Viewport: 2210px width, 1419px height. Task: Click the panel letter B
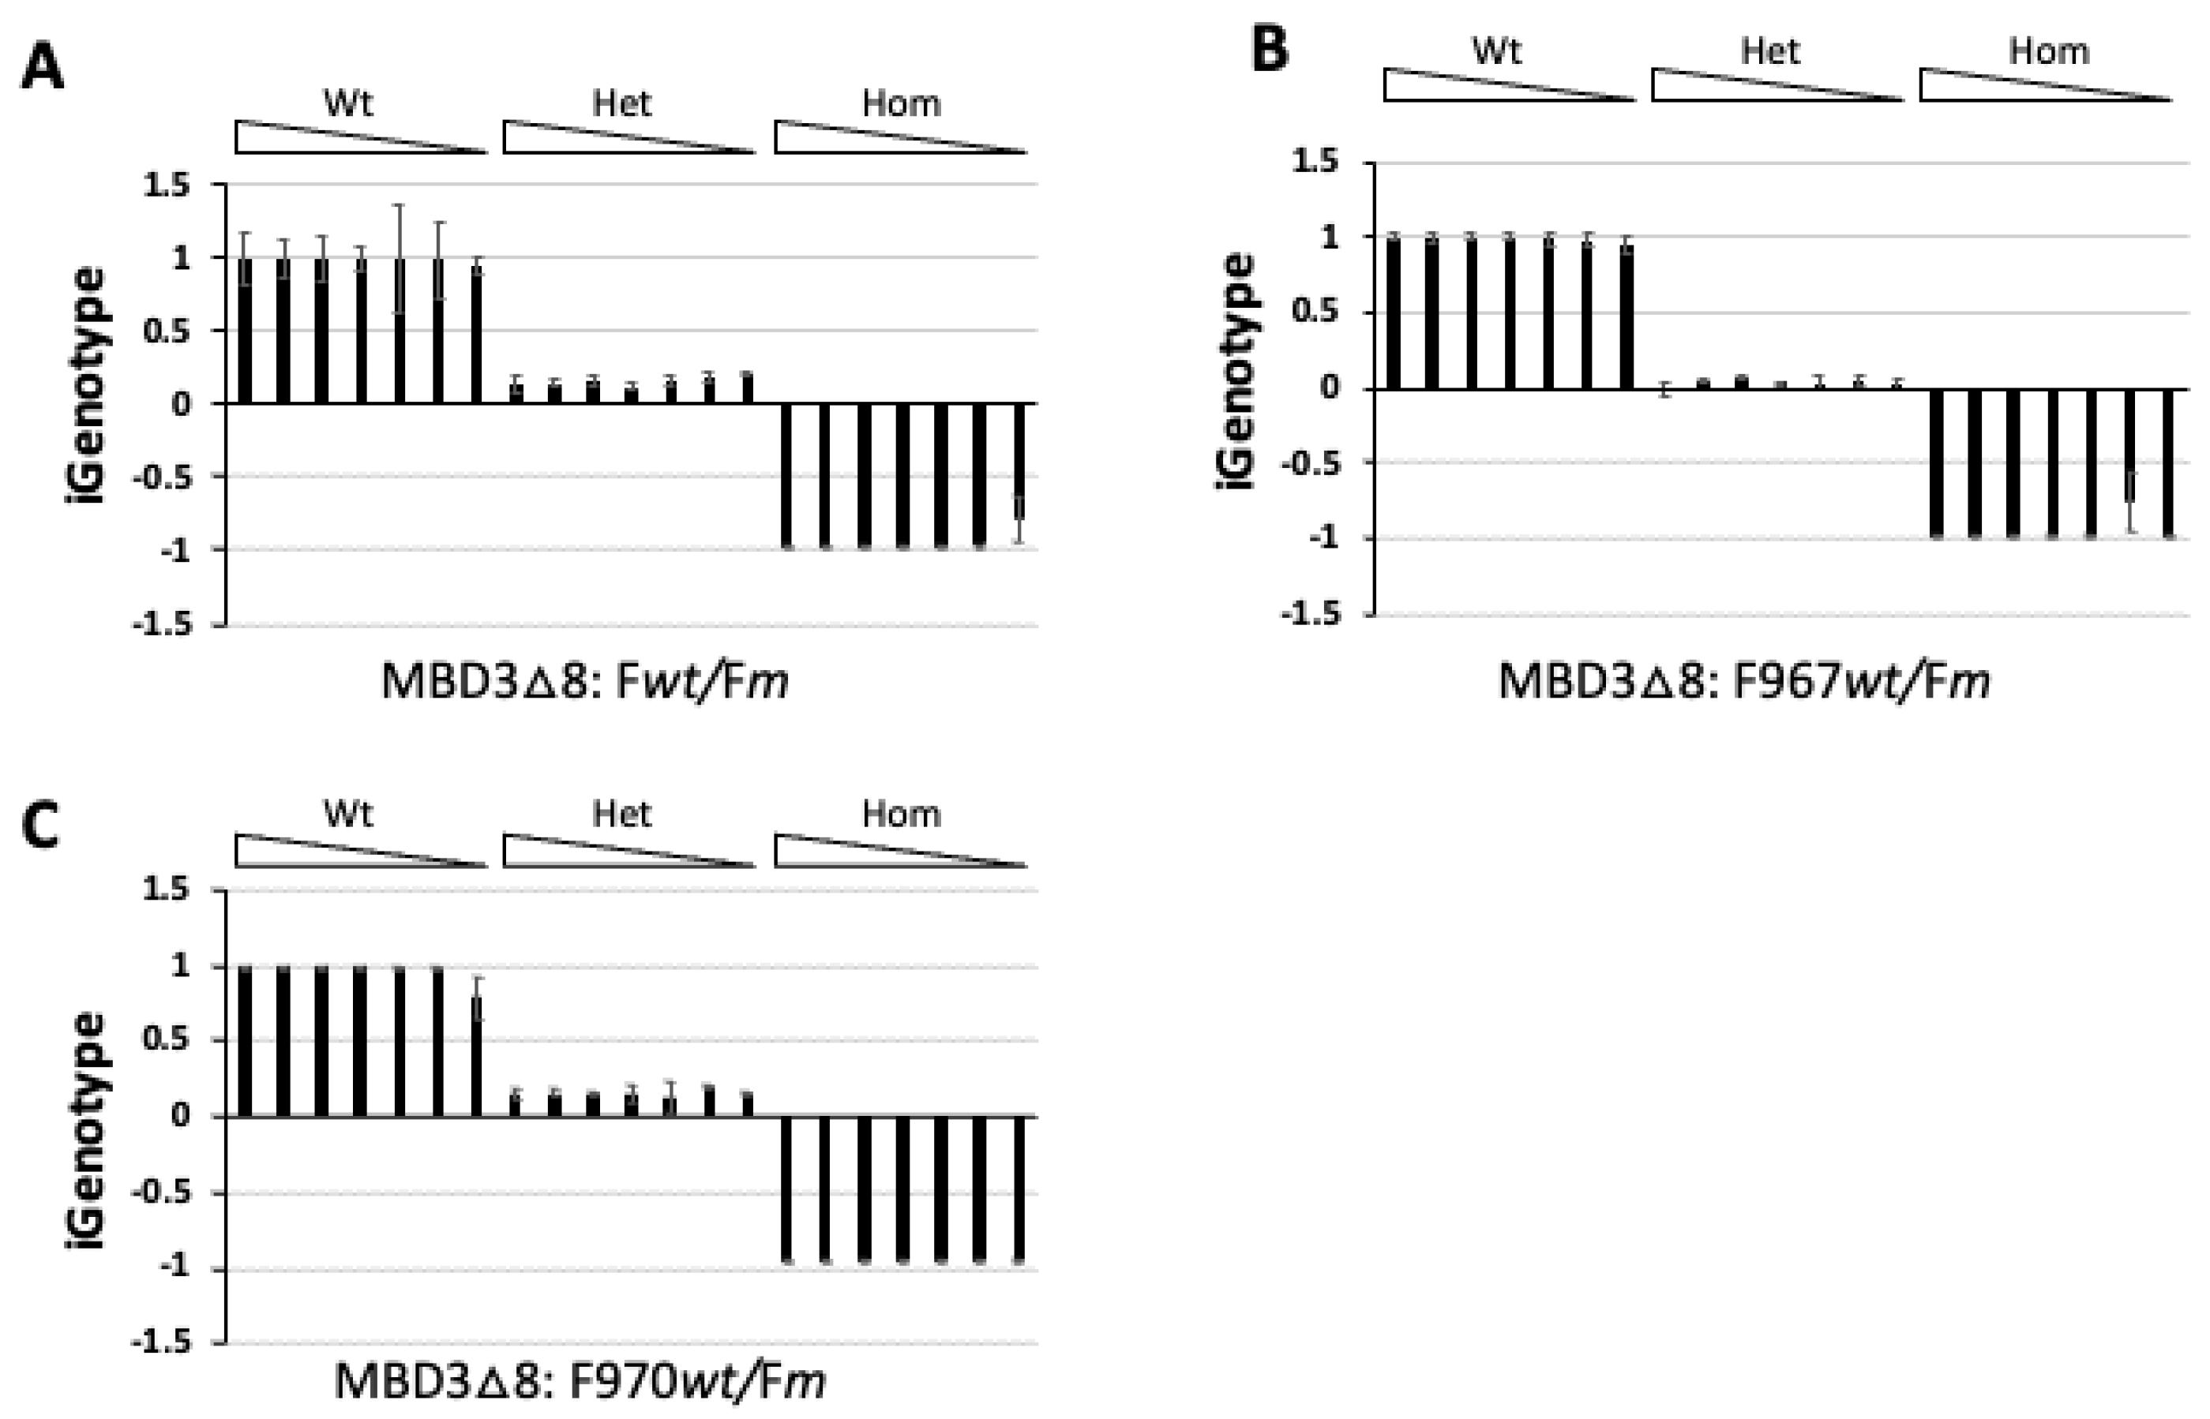point(1269,48)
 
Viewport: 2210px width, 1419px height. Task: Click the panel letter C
point(40,826)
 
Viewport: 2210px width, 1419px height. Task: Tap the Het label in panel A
point(621,103)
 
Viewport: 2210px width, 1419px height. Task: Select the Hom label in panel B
point(2048,51)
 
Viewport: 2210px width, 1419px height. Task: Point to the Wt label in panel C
point(347,814)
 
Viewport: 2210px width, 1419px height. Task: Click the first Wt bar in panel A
point(245,331)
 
